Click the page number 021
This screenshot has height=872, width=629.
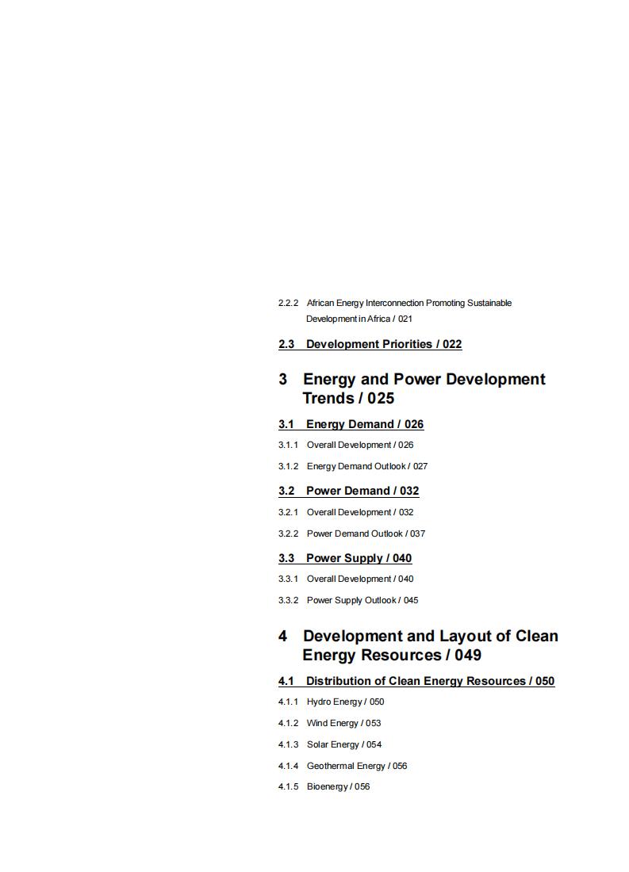coord(405,319)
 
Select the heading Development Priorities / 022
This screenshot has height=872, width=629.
coord(384,344)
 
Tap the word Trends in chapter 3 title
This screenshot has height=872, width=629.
coord(328,399)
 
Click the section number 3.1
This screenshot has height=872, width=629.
coord(286,424)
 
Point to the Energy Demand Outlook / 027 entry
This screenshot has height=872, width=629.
coord(367,466)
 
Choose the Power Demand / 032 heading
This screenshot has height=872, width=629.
coord(362,491)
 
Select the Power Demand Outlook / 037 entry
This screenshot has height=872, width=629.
coord(366,534)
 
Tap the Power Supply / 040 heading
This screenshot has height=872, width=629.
coord(359,558)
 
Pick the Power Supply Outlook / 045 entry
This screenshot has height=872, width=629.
coord(362,600)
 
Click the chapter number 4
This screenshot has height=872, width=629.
coord(283,637)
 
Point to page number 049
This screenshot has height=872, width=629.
coord(468,656)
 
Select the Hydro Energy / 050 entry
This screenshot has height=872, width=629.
coord(345,702)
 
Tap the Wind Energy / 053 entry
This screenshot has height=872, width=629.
coord(343,723)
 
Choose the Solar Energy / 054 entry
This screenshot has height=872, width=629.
coord(344,744)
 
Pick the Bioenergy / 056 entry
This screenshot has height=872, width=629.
coord(338,786)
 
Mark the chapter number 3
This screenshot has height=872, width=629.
coord(283,380)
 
